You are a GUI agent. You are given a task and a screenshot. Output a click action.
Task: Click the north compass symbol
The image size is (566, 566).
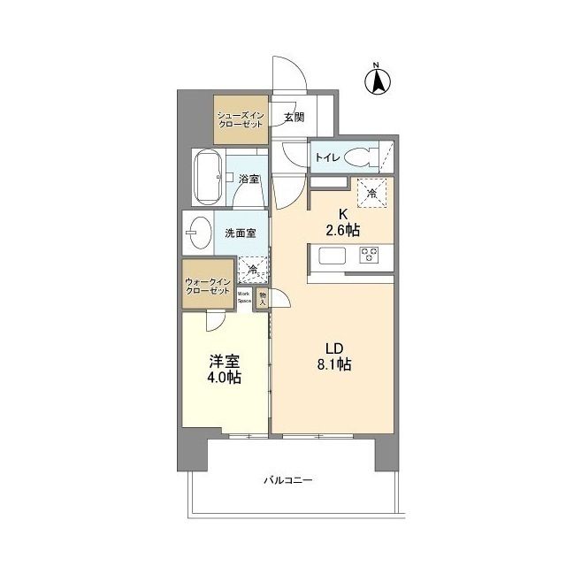[376, 81]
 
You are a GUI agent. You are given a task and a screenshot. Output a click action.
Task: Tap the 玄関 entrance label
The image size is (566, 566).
[294, 117]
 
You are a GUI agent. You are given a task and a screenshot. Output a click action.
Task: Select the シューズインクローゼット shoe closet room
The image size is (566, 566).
[241, 119]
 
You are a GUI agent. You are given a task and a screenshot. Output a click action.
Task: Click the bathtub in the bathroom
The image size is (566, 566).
[209, 177]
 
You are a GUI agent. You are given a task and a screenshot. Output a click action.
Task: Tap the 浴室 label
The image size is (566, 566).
[249, 180]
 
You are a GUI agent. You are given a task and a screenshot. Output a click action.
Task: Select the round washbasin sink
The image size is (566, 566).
[198, 234]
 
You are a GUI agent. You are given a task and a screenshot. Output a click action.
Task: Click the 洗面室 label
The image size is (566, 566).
[239, 233]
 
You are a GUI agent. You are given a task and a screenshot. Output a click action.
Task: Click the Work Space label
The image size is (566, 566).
[245, 297]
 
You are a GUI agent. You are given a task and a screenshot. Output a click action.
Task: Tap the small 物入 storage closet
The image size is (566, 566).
[263, 297]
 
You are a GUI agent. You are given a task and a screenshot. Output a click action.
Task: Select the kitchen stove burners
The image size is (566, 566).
[369, 256]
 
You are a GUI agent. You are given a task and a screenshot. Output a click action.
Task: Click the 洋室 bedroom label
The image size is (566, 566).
[223, 360]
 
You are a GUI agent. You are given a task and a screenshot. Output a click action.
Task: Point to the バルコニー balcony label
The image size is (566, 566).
[287, 481]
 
